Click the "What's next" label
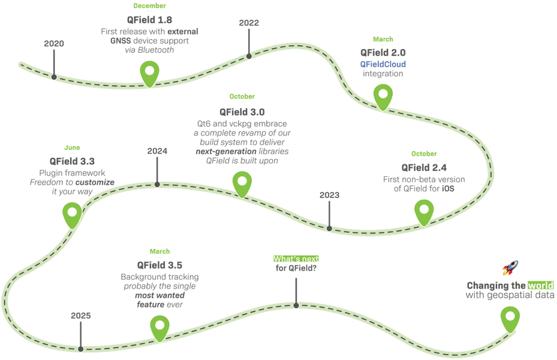click(x=296, y=259)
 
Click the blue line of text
click(x=383, y=64)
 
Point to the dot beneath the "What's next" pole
click(x=296, y=305)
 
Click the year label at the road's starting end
click(x=54, y=44)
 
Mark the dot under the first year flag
click(x=54, y=76)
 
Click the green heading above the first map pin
click(x=149, y=5)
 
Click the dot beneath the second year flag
click(x=248, y=56)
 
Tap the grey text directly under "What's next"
click(x=295, y=269)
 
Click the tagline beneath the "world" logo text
click(x=510, y=295)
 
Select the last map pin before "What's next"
click(x=159, y=327)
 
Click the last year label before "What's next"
click(x=80, y=314)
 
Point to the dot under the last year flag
click(x=80, y=347)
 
